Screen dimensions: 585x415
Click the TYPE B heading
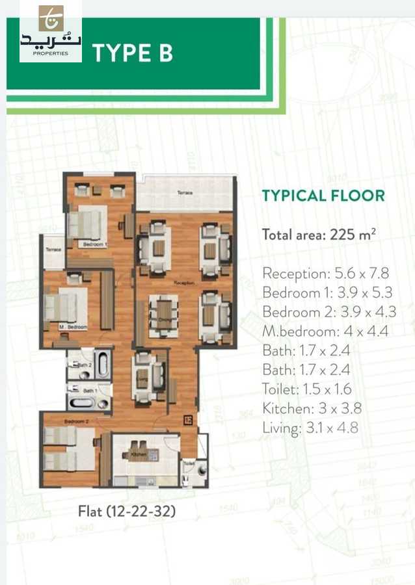(133, 53)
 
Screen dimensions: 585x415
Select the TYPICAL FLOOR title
(323, 196)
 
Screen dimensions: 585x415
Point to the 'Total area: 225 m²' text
(319, 235)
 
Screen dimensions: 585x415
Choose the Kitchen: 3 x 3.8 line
(312, 408)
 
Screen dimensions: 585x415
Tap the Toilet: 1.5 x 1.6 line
(306, 389)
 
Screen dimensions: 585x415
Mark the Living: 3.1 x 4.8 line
(310, 428)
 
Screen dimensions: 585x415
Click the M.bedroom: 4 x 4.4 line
(325, 331)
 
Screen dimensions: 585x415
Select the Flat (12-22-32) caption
(127, 512)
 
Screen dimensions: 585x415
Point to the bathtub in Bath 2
(102, 364)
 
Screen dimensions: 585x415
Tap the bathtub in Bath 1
(82, 402)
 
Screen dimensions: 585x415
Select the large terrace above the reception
(184, 193)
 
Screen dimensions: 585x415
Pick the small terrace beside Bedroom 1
(53, 252)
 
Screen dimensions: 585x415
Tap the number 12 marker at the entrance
(187, 419)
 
